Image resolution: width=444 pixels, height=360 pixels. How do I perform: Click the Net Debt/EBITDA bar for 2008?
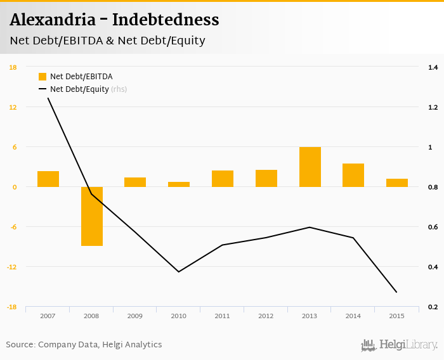click(x=91, y=216)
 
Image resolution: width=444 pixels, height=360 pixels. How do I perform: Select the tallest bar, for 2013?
click(x=310, y=167)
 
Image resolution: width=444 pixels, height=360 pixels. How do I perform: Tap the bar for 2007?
click(x=48, y=179)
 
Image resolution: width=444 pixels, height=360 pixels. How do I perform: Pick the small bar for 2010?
click(x=179, y=184)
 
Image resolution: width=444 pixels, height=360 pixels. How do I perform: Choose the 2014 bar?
click(x=353, y=175)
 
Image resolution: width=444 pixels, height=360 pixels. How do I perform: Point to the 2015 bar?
click(x=397, y=183)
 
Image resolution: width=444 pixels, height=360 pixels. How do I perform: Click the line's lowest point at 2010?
click(x=179, y=272)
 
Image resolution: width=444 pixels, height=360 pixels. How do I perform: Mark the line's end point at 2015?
click(x=397, y=292)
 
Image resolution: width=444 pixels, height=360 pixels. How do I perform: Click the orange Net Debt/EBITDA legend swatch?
click(x=42, y=77)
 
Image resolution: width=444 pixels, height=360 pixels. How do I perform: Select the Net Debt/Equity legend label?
click(x=79, y=89)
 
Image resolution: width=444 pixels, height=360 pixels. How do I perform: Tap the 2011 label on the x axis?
click(x=222, y=316)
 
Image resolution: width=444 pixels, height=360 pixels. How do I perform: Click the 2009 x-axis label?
click(x=135, y=316)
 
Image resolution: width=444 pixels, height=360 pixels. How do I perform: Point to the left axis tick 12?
click(x=13, y=107)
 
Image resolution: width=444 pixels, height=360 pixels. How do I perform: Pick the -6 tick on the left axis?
click(x=13, y=227)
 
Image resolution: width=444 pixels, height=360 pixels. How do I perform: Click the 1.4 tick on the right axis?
click(x=433, y=67)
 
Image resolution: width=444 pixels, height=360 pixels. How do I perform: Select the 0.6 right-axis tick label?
click(x=433, y=227)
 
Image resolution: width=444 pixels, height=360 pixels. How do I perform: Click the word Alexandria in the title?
click(x=51, y=20)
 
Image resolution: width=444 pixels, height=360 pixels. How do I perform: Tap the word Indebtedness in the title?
click(x=166, y=20)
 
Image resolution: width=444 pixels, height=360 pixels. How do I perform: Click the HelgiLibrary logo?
click(x=400, y=345)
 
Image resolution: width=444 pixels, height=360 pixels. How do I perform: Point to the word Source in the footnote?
click(x=20, y=345)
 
